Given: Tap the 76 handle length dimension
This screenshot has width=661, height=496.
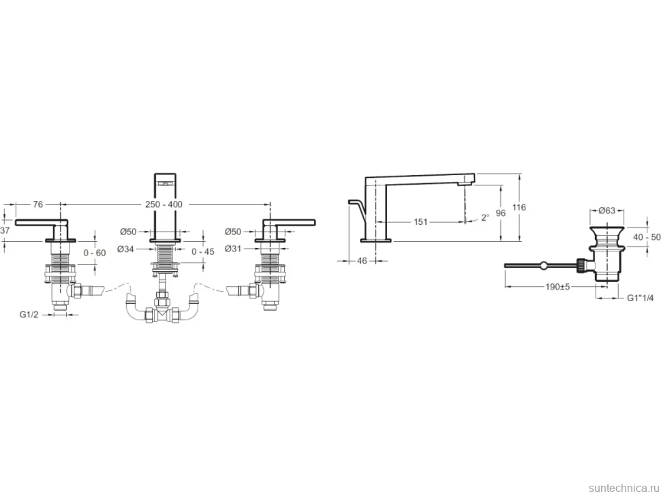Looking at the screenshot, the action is click(38, 204).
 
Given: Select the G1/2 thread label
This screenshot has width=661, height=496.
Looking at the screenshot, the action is click(29, 314).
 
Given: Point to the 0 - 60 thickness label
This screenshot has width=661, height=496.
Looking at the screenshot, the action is click(95, 253).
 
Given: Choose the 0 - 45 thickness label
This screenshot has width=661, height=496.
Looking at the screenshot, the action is click(203, 251).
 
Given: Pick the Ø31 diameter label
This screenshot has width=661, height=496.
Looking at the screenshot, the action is click(233, 249).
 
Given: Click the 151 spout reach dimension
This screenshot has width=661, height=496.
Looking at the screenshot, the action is click(420, 221).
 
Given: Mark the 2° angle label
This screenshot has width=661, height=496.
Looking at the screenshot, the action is click(485, 217).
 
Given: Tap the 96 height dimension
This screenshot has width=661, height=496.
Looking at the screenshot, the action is click(500, 213).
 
